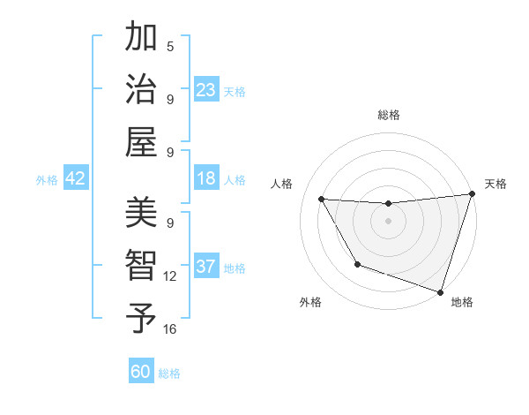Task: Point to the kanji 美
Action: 141,212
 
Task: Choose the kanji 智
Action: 141,265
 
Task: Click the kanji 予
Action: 141,318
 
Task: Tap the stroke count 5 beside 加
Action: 170,47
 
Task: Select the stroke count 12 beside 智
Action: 170,276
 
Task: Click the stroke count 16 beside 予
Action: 170,329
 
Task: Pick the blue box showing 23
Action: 205,90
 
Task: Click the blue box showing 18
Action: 205,178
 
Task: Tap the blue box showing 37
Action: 205,267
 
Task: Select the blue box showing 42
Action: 76,178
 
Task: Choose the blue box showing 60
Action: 141,372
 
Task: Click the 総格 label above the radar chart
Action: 388,115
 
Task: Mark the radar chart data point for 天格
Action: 472,195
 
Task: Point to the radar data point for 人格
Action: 321,200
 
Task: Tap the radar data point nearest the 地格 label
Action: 439,291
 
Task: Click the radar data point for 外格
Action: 357,264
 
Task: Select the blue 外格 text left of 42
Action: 47,179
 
